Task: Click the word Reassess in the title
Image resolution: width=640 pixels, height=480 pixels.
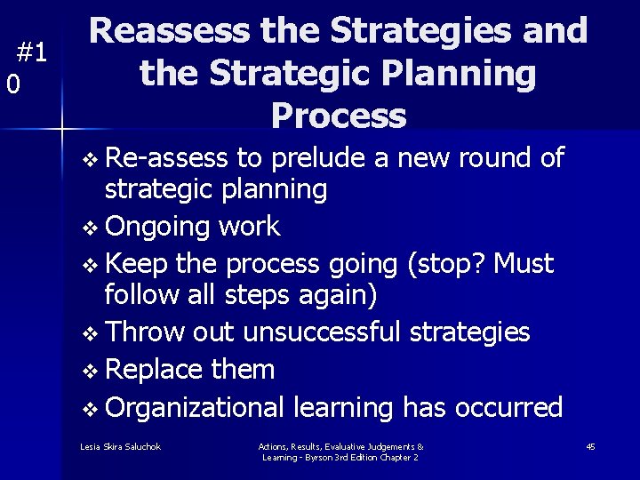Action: (170, 32)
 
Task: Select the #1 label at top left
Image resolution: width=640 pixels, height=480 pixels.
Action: (32, 53)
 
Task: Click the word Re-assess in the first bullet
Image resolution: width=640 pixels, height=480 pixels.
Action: (166, 158)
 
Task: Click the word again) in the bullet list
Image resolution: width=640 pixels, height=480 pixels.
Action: (334, 293)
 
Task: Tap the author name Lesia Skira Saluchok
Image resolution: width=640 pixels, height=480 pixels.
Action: (120, 446)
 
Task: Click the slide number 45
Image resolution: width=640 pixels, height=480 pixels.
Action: (590, 446)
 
